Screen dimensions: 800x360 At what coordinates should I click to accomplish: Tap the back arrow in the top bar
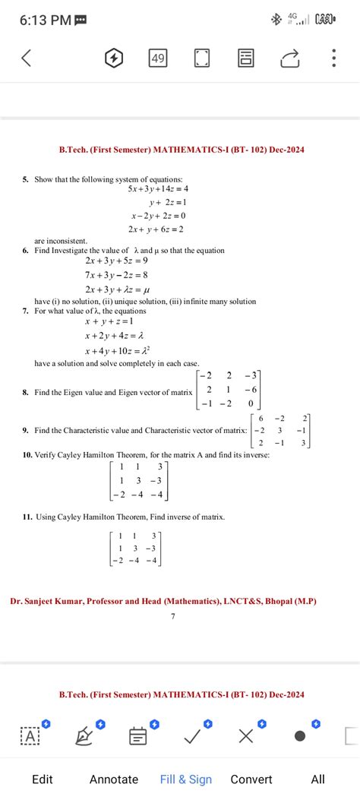point(26,58)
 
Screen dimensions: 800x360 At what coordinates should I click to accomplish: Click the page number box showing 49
point(159,58)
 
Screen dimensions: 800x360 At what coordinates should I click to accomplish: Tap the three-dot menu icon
point(333,58)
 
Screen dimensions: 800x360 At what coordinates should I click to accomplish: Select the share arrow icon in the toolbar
point(289,58)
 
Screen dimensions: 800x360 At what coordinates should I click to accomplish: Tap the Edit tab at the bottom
point(43,779)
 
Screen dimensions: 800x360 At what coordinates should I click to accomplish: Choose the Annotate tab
point(114,779)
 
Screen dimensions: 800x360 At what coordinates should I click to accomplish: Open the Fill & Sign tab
point(186,779)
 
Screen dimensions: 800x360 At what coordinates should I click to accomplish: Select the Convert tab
point(251,779)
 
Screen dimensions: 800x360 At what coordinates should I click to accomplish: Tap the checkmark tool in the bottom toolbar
point(192,735)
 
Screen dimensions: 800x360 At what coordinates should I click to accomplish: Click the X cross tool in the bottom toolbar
point(245,735)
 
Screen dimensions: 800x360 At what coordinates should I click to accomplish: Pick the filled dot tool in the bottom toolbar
point(300,735)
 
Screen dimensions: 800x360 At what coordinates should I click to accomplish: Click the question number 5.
point(25,179)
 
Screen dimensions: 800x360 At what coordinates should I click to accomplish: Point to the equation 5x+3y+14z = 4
point(158,189)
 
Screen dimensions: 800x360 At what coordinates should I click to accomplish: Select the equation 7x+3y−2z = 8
point(117,274)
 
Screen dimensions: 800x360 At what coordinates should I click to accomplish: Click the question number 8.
point(25,393)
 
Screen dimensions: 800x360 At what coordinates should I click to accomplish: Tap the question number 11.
point(27,517)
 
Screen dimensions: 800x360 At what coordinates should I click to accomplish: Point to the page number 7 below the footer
point(173,616)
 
